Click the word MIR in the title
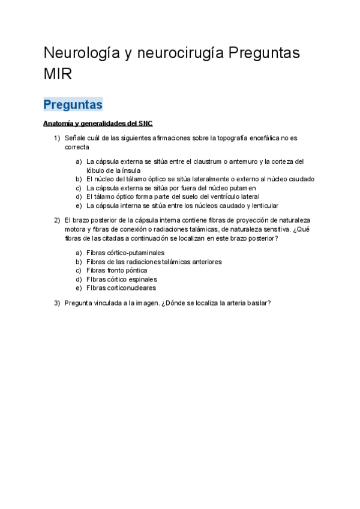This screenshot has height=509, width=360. pyautogui.click(x=57, y=74)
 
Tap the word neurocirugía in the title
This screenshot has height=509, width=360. pyautogui.click(x=179, y=53)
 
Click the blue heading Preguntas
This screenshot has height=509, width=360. pyautogui.click(x=73, y=104)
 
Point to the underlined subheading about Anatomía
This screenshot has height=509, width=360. pyautogui.click(x=98, y=124)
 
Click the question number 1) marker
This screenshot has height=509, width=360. pyautogui.click(x=57, y=138)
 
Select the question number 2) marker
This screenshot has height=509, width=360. pyautogui.click(x=57, y=220)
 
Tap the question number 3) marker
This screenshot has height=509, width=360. pyautogui.click(x=57, y=303)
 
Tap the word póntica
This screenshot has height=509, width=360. pyautogui.click(x=134, y=270)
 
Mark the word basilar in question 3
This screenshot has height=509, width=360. pyautogui.click(x=259, y=303)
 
